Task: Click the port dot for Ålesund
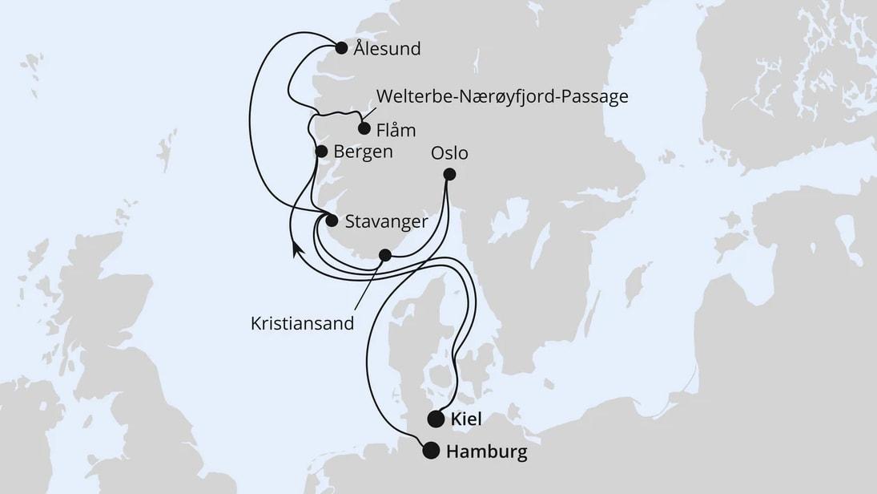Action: (x=341, y=47)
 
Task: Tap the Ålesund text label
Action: (x=387, y=49)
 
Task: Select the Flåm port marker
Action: (x=364, y=128)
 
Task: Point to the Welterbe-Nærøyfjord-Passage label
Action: (x=502, y=97)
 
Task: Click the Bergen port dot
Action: (x=321, y=151)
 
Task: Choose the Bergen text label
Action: (x=364, y=152)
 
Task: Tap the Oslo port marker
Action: (x=449, y=174)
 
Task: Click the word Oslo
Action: (x=449, y=152)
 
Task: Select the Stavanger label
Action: (x=386, y=221)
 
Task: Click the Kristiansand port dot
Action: (x=385, y=255)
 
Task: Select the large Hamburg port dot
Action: (x=431, y=451)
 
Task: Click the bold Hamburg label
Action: (x=487, y=452)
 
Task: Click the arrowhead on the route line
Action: (x=296, y=249)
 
